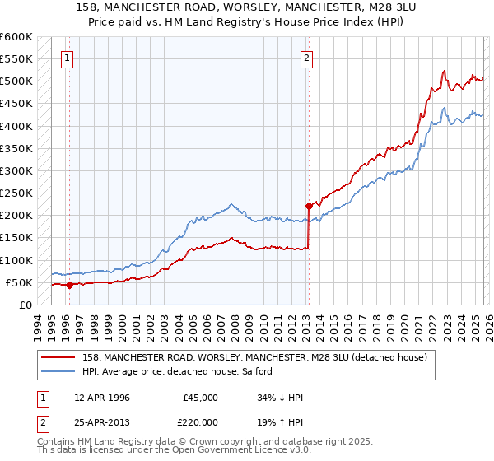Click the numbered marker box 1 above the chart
[x=67, y=58]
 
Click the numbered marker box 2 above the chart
[x=306, y=58]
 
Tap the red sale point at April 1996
[x=69, y=286]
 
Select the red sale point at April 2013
[x=309, y=207]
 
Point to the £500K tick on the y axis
[x=16, y=81]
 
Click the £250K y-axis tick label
[x=16, y=193]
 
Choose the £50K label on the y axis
[x=19, y=282]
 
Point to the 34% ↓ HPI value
[x=280, y=398]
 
